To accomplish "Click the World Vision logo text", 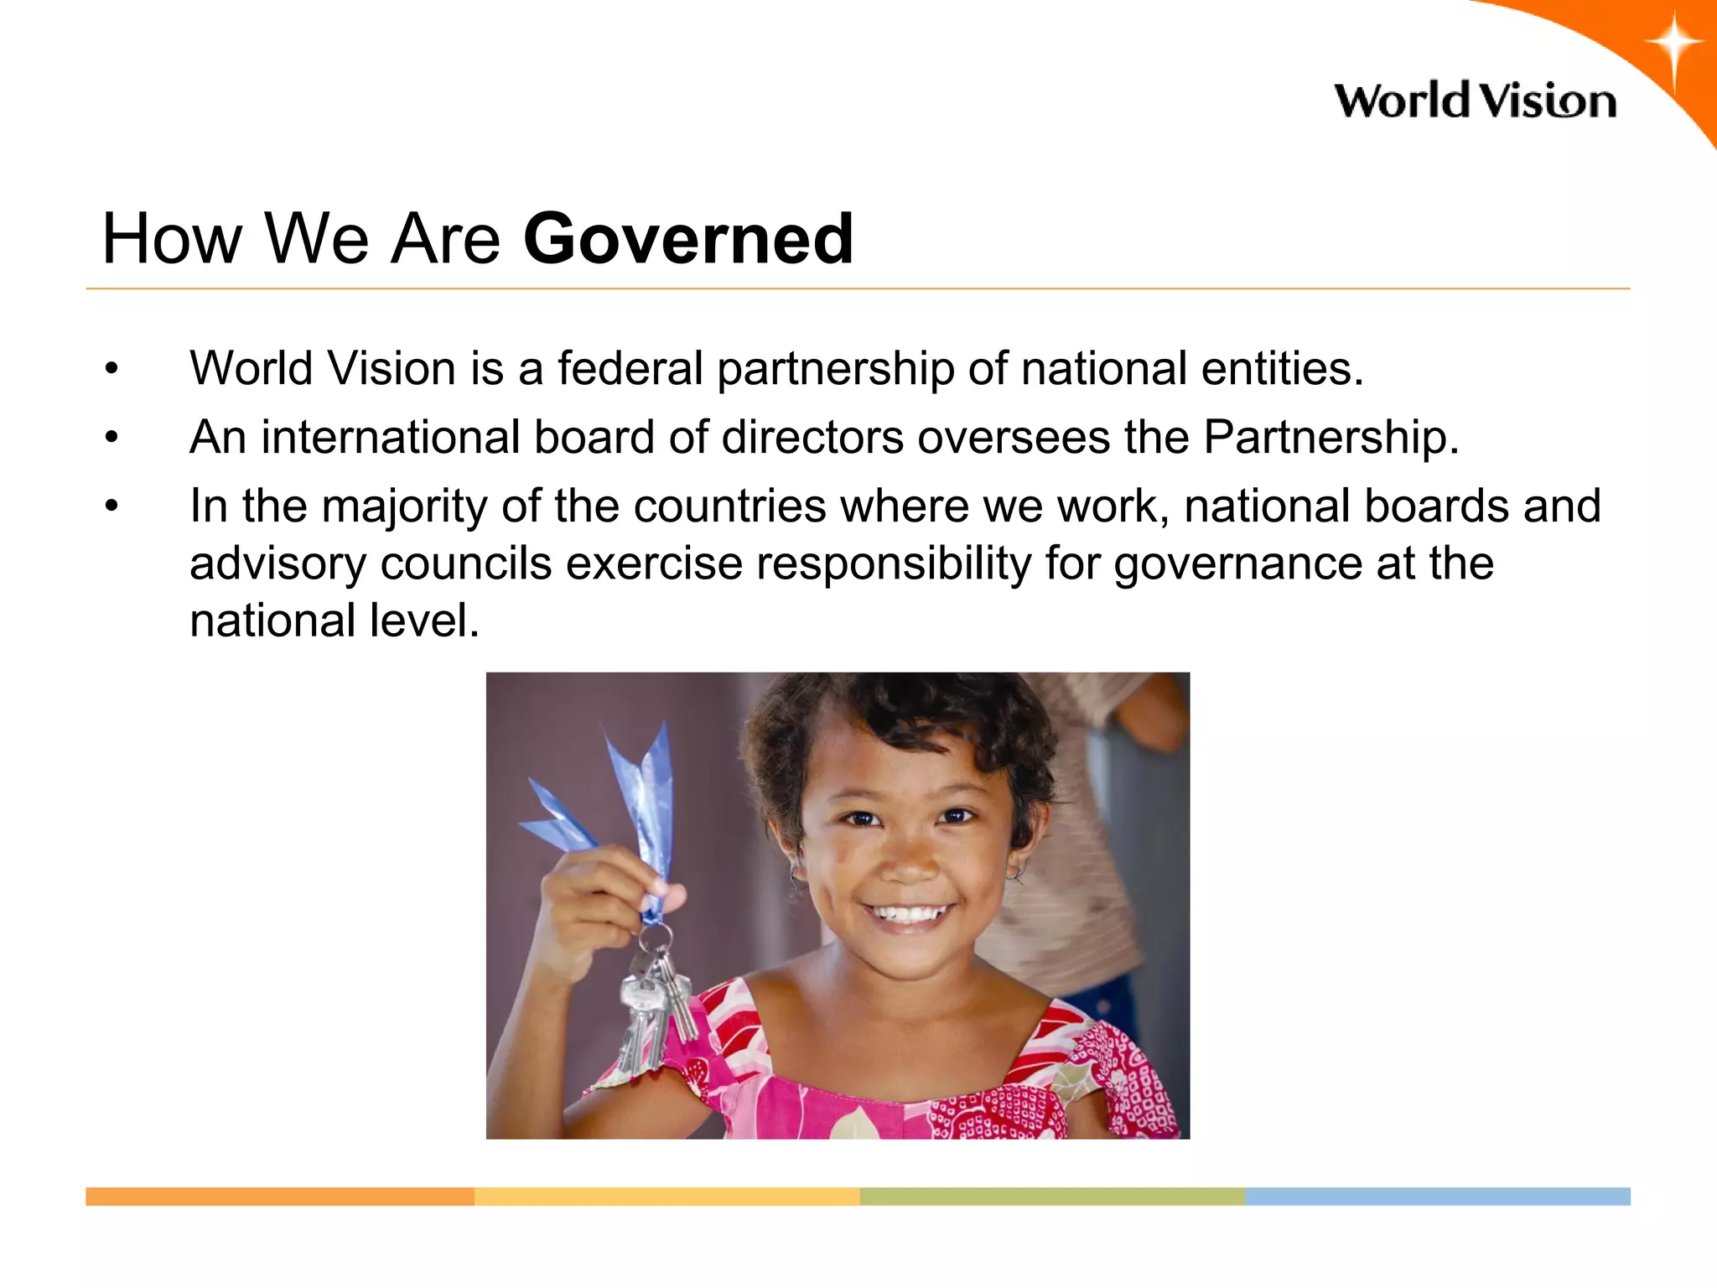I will [x=1475, y=101].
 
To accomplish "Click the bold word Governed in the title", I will [x=688, y=239].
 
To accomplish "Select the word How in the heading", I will [x=171, y=239].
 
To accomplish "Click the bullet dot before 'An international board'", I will [x=112, y=437].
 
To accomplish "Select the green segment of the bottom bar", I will [x=1052, y=1197].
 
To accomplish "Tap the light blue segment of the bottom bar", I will [x=1438, y=1197].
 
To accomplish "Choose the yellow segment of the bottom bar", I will [x=667, y=1197].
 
